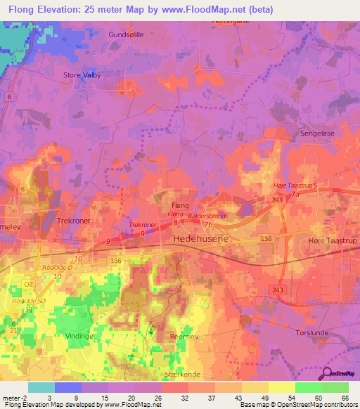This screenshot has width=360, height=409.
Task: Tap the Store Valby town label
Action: (82, 75)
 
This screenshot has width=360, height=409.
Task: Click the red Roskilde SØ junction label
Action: (28, 301)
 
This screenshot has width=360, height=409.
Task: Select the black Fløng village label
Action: (181, 204)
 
